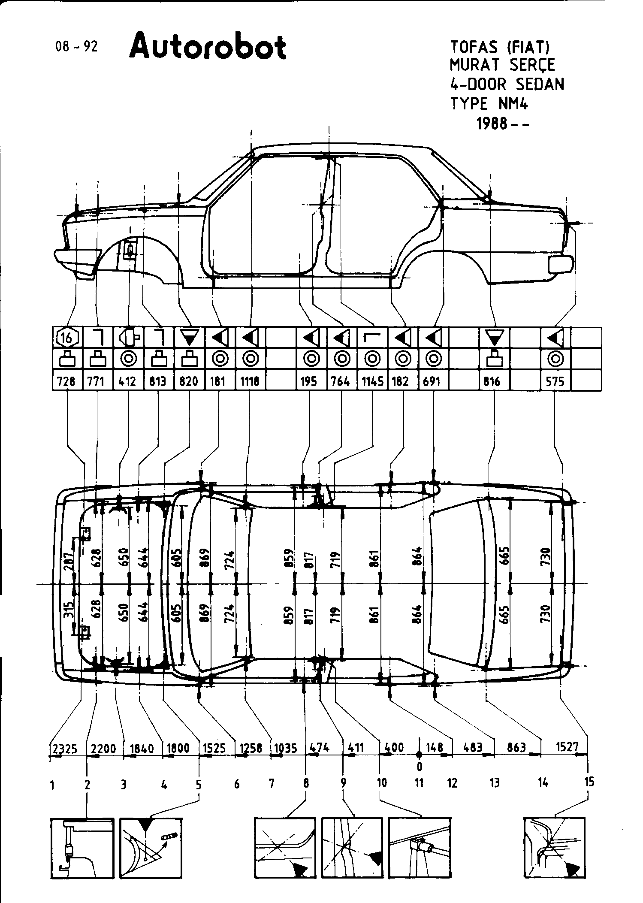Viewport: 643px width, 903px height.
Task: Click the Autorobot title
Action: pyautogui.click(x=208, y=47)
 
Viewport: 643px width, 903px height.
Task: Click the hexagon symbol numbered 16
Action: pyautogui.click(x=67, y=338)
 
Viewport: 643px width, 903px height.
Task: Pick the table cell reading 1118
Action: pyautogui.click(x=250, y=381)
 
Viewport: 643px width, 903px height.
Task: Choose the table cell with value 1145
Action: pyautogui.click(x=372, y=381)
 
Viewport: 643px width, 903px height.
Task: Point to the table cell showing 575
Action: pyautogui.click(x=555, y=381)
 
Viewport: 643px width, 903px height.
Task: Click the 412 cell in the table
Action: pyautogui.click(x=127, y=381)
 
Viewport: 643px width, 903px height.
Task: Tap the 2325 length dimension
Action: pyautogui.click(x=65, y=749)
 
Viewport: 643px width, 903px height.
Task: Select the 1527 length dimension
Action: pyautogui.click(x=567, y=747)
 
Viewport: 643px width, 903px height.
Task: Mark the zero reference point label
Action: pyautogui.click(x=419, y=766)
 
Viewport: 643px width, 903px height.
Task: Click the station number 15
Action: pyautogui.click(x=589, y=782)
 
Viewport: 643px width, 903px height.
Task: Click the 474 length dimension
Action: pyautogui.click(x=320, y=748)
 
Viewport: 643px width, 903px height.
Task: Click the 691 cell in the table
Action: pyautogui.click(x=432, y=381)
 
